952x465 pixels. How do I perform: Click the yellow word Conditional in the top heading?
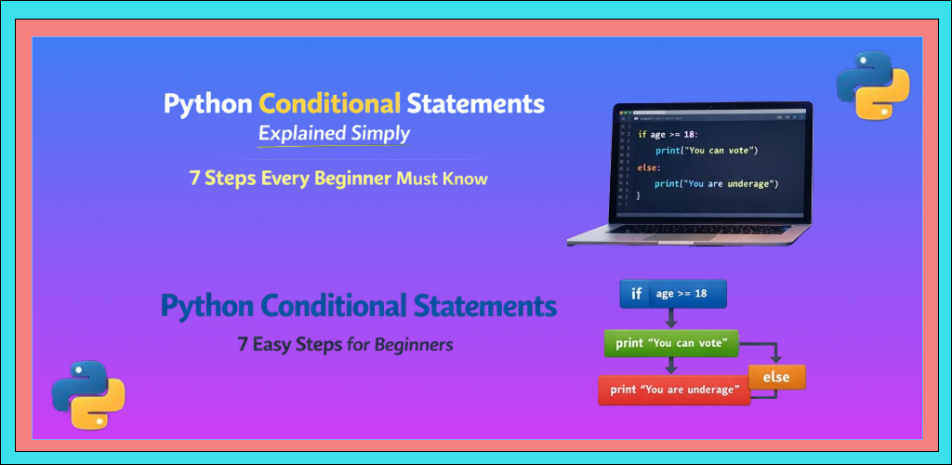coord(330,102)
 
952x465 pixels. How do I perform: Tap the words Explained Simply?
coord(334,133)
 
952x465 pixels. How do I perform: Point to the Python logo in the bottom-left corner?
coord(88,393)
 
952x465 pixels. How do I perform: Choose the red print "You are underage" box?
coord(674,390)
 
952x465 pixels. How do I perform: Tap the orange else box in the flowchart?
coord(776,377)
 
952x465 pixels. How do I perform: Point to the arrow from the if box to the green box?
coord(671,318)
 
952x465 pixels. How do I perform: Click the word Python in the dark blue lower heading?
coord(206,306)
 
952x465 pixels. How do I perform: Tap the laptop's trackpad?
coord(686,238)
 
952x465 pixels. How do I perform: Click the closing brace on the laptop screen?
coord(639,198)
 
